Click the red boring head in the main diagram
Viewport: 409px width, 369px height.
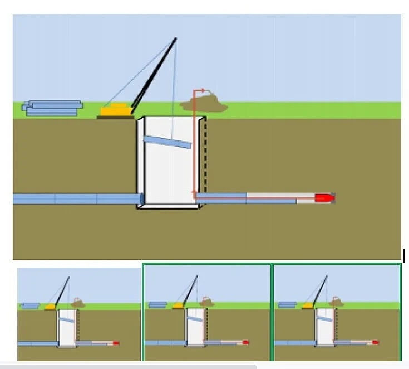324,197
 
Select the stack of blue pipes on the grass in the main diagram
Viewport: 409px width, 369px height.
52,108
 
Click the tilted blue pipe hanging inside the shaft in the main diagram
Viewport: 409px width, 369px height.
167,143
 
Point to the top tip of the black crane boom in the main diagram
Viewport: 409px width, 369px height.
176,38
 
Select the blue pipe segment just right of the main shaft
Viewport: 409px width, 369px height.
221,197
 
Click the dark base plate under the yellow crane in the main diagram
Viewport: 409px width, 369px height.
116,117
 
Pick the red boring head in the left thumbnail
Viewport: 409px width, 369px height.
116,343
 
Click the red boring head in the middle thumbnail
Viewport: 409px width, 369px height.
245,342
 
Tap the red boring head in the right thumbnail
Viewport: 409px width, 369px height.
375,342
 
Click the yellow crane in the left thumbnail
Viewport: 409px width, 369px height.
50,306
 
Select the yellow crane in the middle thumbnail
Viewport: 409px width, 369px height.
179,305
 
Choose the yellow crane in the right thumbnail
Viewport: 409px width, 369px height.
308,305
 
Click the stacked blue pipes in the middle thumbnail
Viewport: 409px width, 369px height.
158,304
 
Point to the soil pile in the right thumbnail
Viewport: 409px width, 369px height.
336,303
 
